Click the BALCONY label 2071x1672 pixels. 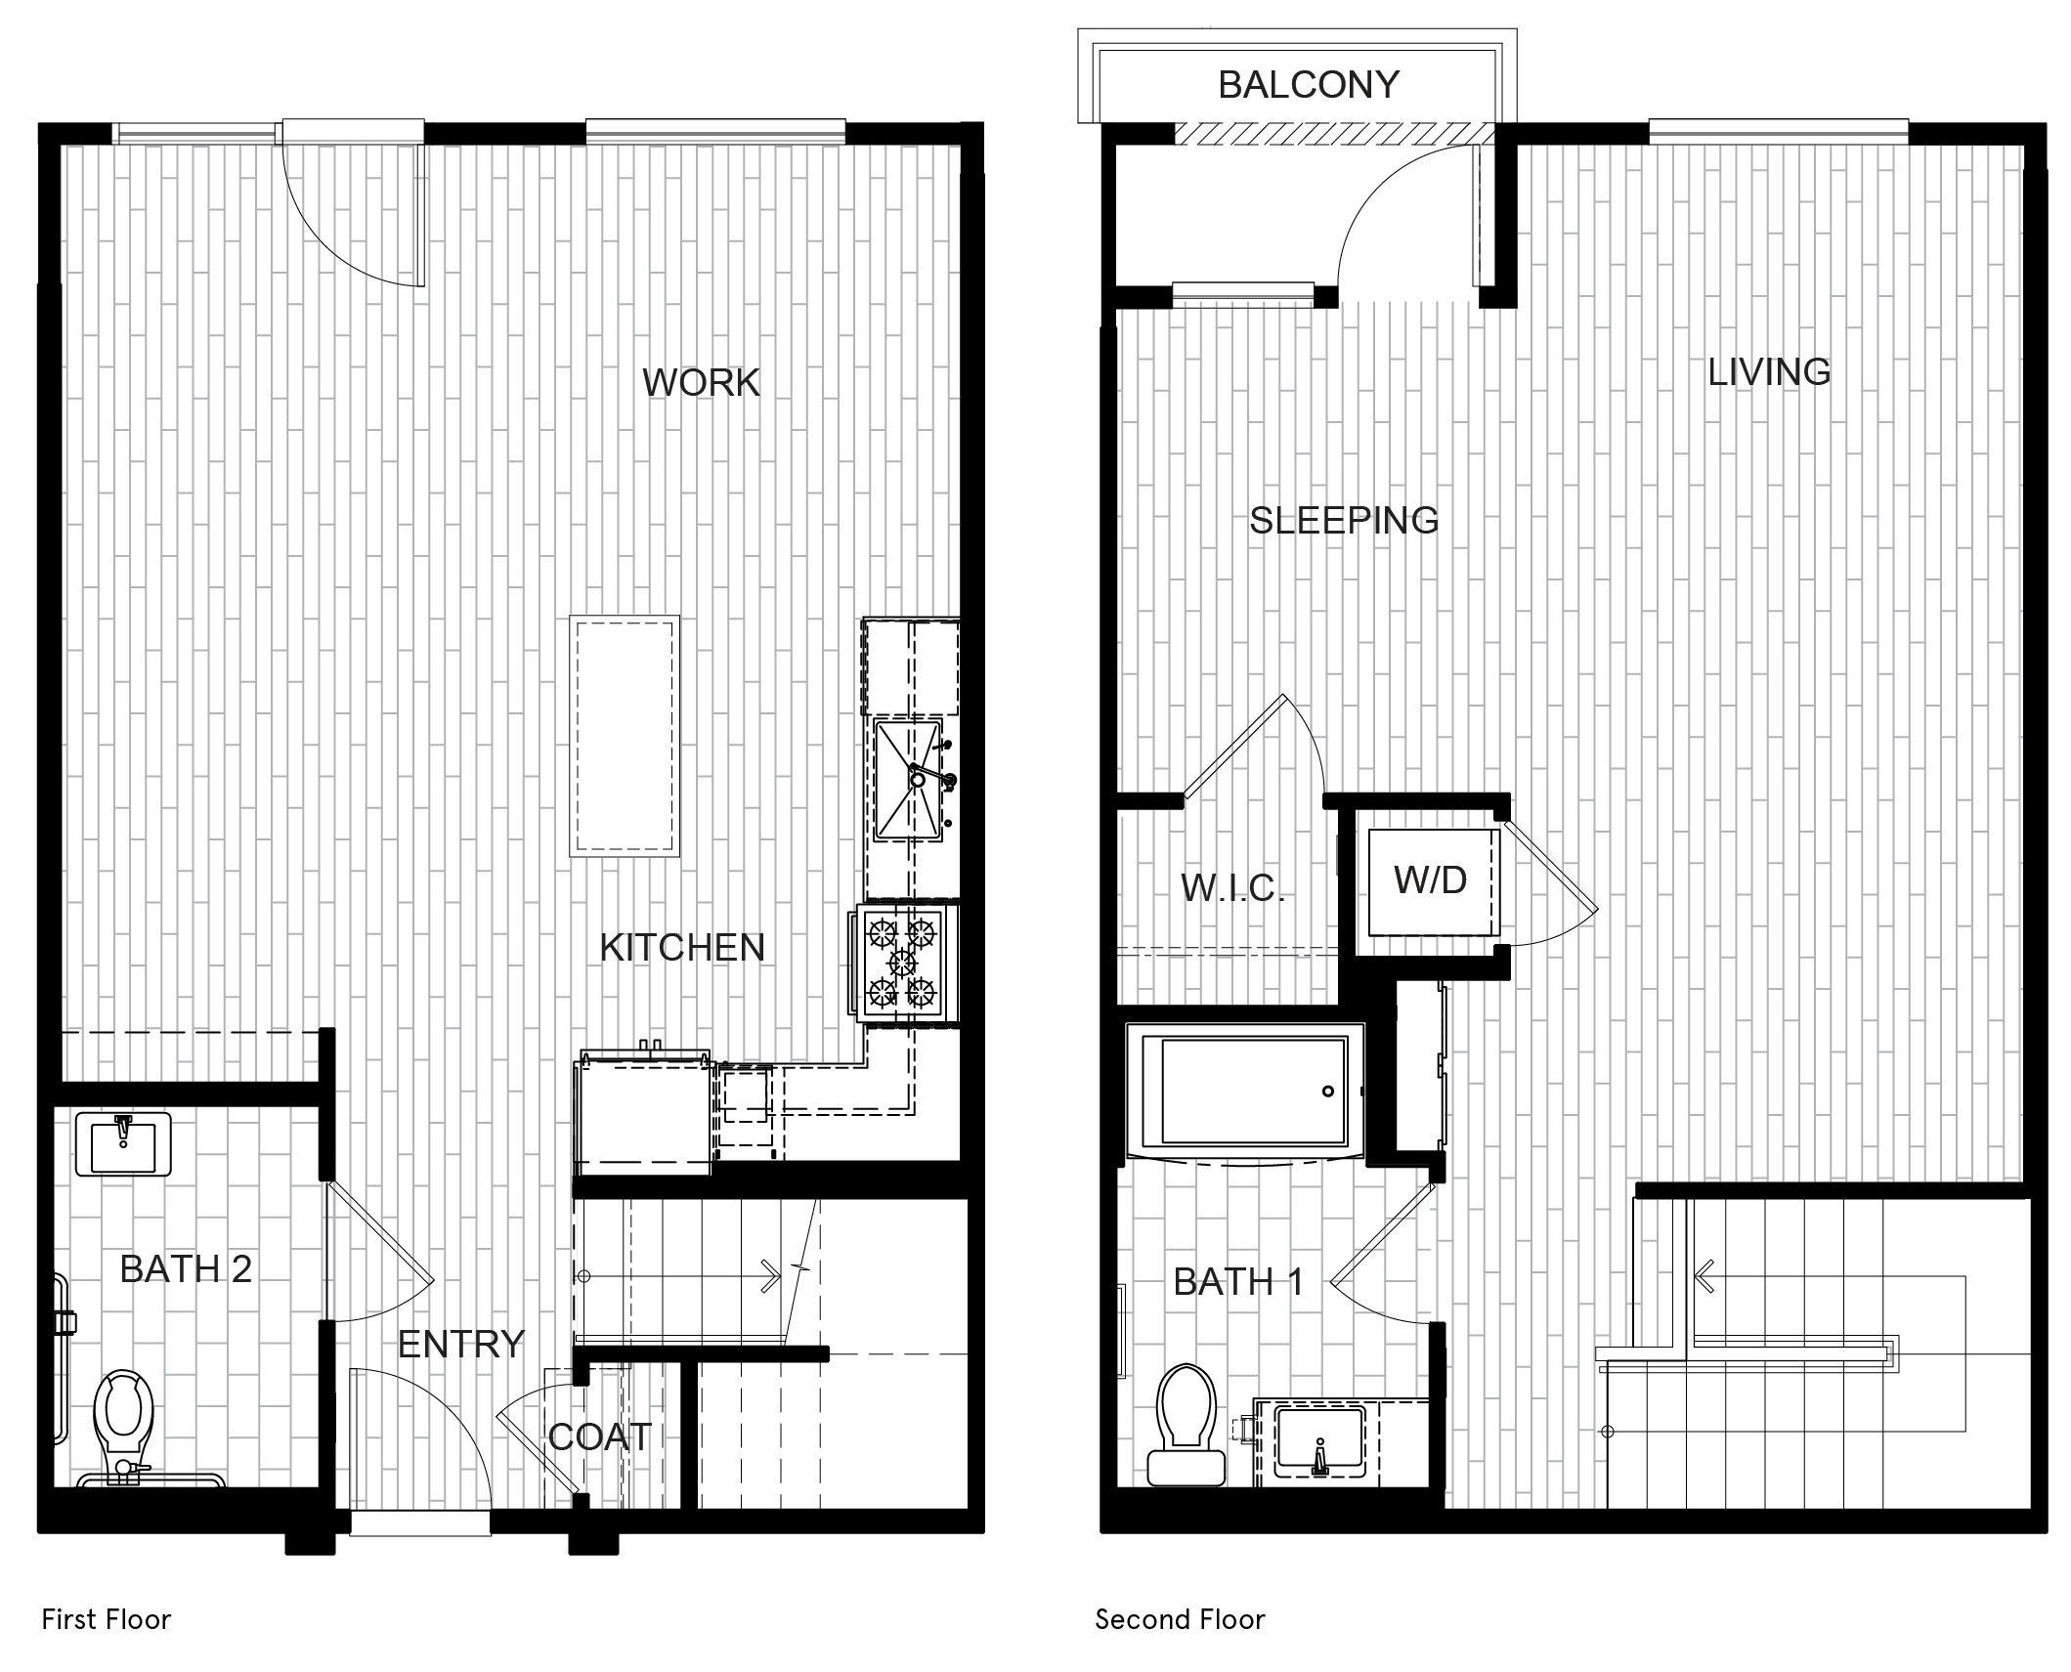coord(1309,85)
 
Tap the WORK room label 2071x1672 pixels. coord(701,382)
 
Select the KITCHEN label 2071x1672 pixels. coord(682,947)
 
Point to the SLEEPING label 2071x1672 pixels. coord(1344,520)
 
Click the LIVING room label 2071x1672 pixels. coord(1769,371)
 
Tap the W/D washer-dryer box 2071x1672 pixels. coord(1432,881)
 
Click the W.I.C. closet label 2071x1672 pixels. coord(1232,887)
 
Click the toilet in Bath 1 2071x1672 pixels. coord(1187,1424)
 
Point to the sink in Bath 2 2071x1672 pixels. coord(122,1143)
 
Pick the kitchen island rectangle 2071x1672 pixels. coord(625,736)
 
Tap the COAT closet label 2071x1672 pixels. coord(599,1436)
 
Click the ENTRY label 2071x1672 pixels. coord(461,1345)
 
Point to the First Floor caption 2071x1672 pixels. coord(107,1620)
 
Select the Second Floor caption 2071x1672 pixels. coord(1180,1620)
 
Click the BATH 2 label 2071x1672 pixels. coord(186,1268)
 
